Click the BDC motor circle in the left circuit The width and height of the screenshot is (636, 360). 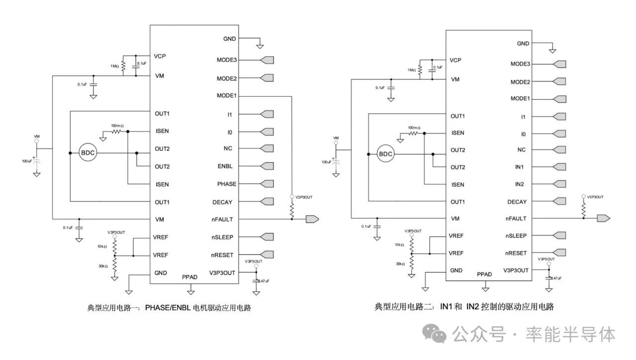(x=87, y=153)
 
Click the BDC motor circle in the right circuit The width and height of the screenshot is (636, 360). (x=385, y=154)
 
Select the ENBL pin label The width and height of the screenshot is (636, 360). (x=225, y=166)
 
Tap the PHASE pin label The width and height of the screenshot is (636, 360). (x=227, y=184)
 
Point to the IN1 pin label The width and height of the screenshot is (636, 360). (x=520, y=167)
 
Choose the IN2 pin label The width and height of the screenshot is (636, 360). (x=520, y=184)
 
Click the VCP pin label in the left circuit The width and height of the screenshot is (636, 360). (x=160, y=56)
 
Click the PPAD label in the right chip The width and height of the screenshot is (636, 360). (x=484, y=274)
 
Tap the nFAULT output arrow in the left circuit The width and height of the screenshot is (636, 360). (x=313, y=219)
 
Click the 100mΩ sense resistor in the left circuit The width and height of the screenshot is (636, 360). (x=117, y=132)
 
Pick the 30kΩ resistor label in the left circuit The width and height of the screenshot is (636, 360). (x=103, y=266)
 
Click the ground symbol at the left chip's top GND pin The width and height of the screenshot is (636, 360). (x=259, y=46)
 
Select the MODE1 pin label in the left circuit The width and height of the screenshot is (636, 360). (x=227, y=96)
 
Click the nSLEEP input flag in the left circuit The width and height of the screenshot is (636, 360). (x=267, y=236)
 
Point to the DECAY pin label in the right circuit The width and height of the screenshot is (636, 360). (x=517, y=202)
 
